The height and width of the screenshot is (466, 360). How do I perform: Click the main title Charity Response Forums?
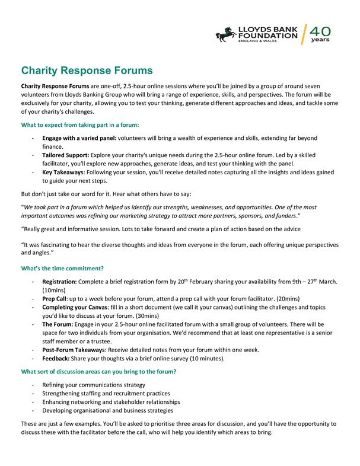(87, 71)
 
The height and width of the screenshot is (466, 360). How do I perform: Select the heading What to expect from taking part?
(80, 125)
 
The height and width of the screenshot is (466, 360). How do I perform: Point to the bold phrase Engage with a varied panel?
(79, 138)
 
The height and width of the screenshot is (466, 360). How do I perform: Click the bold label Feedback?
(58, 359)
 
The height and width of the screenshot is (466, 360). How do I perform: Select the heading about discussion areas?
(98, 372)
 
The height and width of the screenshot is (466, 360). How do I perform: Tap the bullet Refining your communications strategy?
(94, 385)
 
